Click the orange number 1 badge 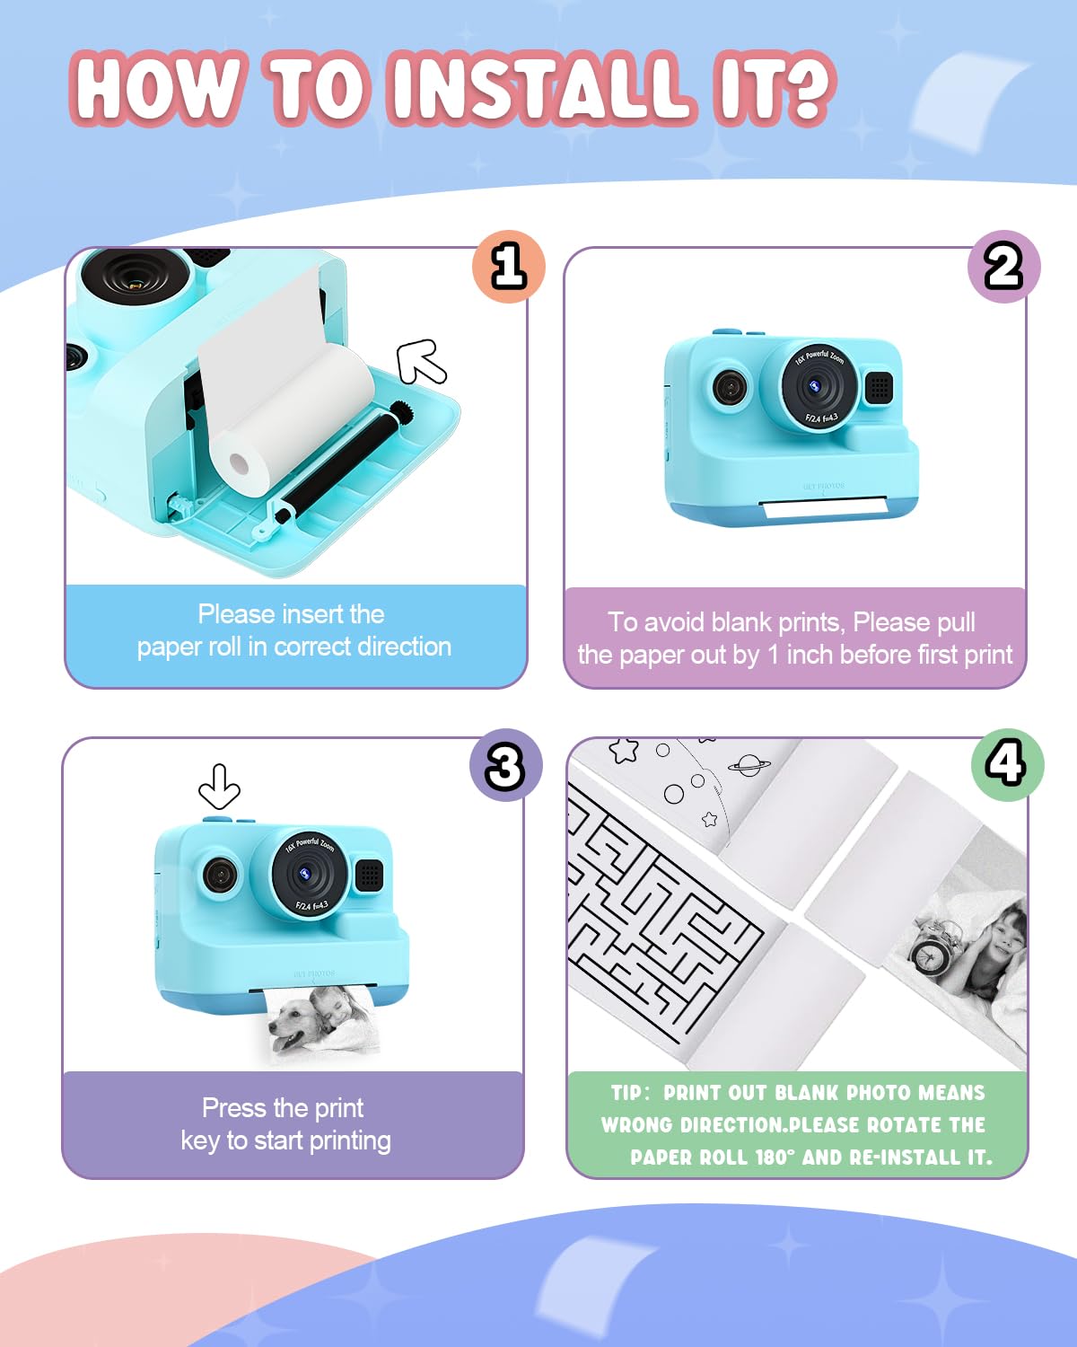point(509,267)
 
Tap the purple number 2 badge point(1003,267)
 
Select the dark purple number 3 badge point(505,765)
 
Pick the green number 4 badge point(1007,764)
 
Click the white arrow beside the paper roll point(422,361)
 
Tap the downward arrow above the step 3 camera point(219,787)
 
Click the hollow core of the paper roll point(240,464)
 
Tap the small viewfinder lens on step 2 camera point(730,388)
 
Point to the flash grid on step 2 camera point(879,387)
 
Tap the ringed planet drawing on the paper point(749,765)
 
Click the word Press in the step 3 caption point(233,1108)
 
